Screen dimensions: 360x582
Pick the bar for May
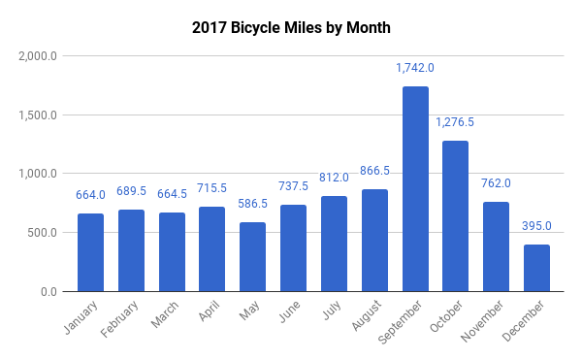click(252, 257)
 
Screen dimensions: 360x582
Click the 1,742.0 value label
click(414, 68)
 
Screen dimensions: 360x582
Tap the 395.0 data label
click(535, 226)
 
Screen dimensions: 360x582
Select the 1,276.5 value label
click(455, 122)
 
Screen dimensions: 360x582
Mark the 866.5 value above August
click(373, 171)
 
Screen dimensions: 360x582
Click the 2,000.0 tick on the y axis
click(38, 56)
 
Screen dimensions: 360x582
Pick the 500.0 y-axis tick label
click(43, 233)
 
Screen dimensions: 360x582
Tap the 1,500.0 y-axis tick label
click(38, 115)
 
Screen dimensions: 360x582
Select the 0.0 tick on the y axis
click(48, 292)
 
